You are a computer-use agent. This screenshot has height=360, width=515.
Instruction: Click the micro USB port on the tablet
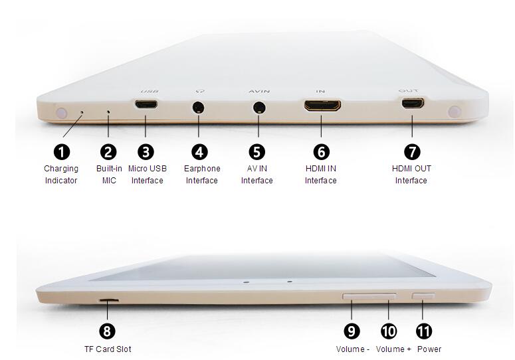coord(146,104)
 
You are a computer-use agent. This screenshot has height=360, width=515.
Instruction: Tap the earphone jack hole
coord(198,108)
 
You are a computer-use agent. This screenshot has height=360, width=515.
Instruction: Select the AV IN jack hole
coord(259,108)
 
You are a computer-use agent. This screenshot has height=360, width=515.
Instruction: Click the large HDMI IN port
coord(322,106)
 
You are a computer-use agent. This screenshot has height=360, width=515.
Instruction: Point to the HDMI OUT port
coord(413,103)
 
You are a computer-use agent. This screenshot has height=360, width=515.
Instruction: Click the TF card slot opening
coord(109,300)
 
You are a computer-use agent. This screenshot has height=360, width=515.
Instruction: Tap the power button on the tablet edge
coord(423,296)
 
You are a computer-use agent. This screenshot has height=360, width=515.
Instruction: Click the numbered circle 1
coord(62,152)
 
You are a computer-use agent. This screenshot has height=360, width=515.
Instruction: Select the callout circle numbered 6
coord(321,152)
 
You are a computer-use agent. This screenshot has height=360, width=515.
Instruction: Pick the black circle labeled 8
coord(107,331)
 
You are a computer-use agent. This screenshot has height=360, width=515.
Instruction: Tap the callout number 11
coord(424,331)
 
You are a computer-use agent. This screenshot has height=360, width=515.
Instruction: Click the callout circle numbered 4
coord(199,152)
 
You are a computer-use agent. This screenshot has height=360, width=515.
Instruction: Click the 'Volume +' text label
coord(393,349)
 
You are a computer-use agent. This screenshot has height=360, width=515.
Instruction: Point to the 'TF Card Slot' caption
coord(108,349)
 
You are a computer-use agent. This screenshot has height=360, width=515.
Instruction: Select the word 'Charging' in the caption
coord(61,169)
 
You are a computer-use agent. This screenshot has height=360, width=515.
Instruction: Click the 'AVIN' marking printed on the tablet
coord(259,91)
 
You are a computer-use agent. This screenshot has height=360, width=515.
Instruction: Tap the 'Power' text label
coord(429,349)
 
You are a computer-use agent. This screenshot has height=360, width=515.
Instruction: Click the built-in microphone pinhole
coord(108,112)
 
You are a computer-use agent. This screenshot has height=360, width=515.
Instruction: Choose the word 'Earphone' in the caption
coord(202,169)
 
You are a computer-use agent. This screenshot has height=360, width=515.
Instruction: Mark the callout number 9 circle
coord(352,331)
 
